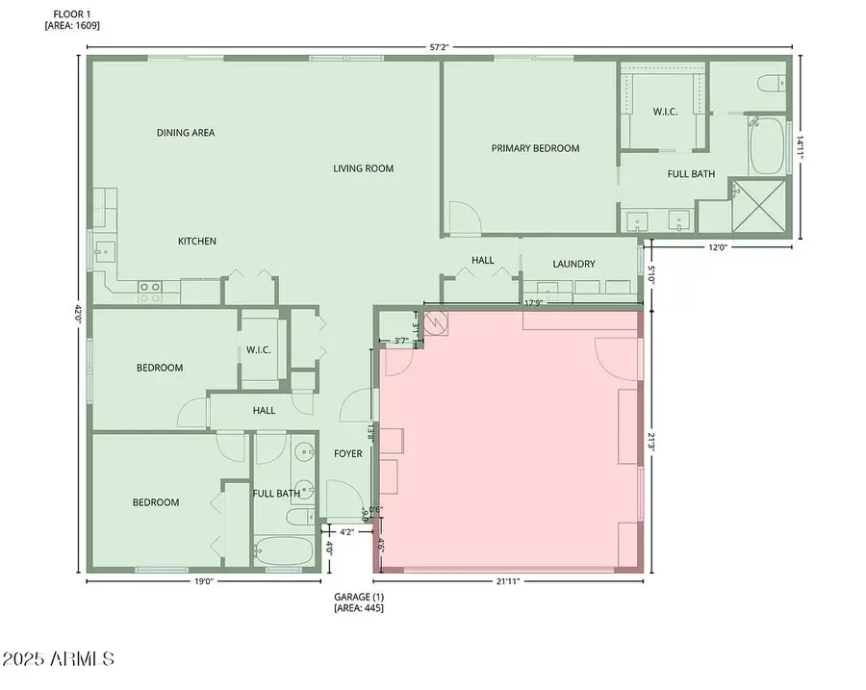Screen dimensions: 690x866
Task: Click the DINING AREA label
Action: (185, 133)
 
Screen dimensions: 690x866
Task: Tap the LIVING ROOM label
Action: (363, 168)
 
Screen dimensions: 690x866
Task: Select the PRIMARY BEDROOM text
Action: (535, 148)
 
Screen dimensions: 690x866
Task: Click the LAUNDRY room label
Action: (573, 264)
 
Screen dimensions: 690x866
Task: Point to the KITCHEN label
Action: (196, 241)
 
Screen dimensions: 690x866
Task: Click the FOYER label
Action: (347, 453)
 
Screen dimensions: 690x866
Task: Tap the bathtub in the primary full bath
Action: (766, 145)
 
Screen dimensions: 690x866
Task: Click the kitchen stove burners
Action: (149, 292)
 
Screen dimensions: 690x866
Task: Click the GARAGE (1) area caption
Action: (358, 602)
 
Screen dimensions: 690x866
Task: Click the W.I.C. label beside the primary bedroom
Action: (665, 112)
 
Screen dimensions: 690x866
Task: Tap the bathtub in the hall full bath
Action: (284, 552)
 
